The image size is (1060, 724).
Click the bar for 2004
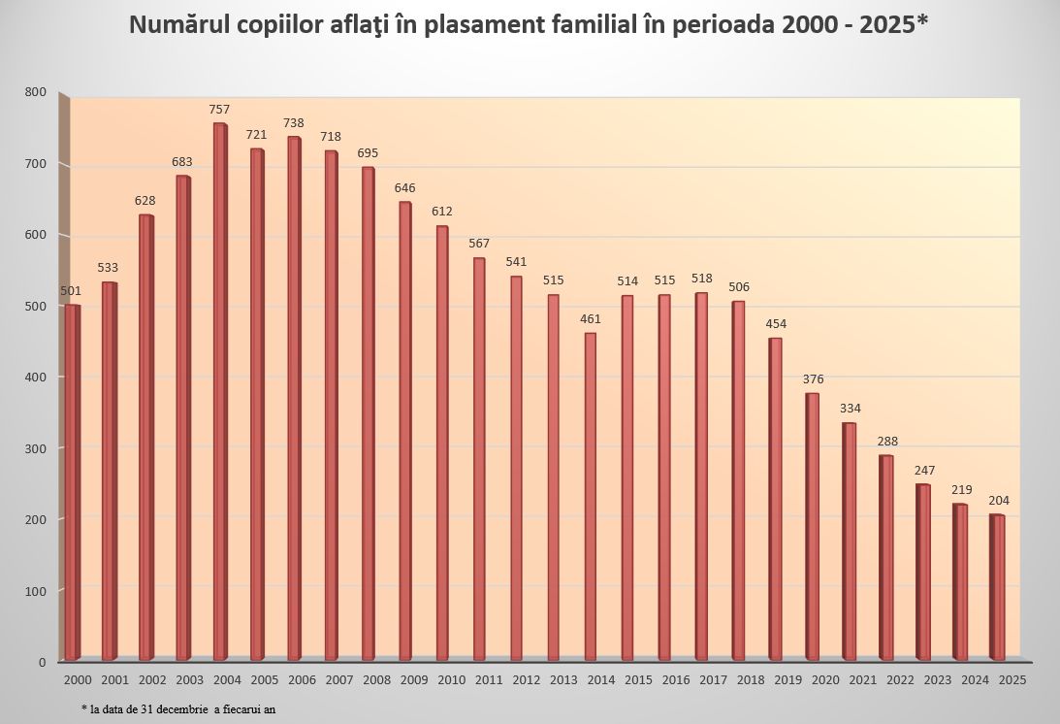pos(220,392)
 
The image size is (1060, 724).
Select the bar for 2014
pos(590,497)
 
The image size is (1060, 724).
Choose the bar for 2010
pos(442,444)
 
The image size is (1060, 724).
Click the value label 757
pos(220,110)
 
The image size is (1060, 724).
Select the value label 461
pos(591,318)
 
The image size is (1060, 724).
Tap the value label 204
pos(999,500)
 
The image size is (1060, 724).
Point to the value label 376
pos(814,378)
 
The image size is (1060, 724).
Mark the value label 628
pos(145,201)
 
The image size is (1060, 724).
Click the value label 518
pos(702,279)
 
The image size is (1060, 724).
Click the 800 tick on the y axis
pos(36,92)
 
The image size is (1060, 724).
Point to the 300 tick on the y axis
pos(36,448)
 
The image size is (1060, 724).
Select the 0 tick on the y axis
pos(43,662)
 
